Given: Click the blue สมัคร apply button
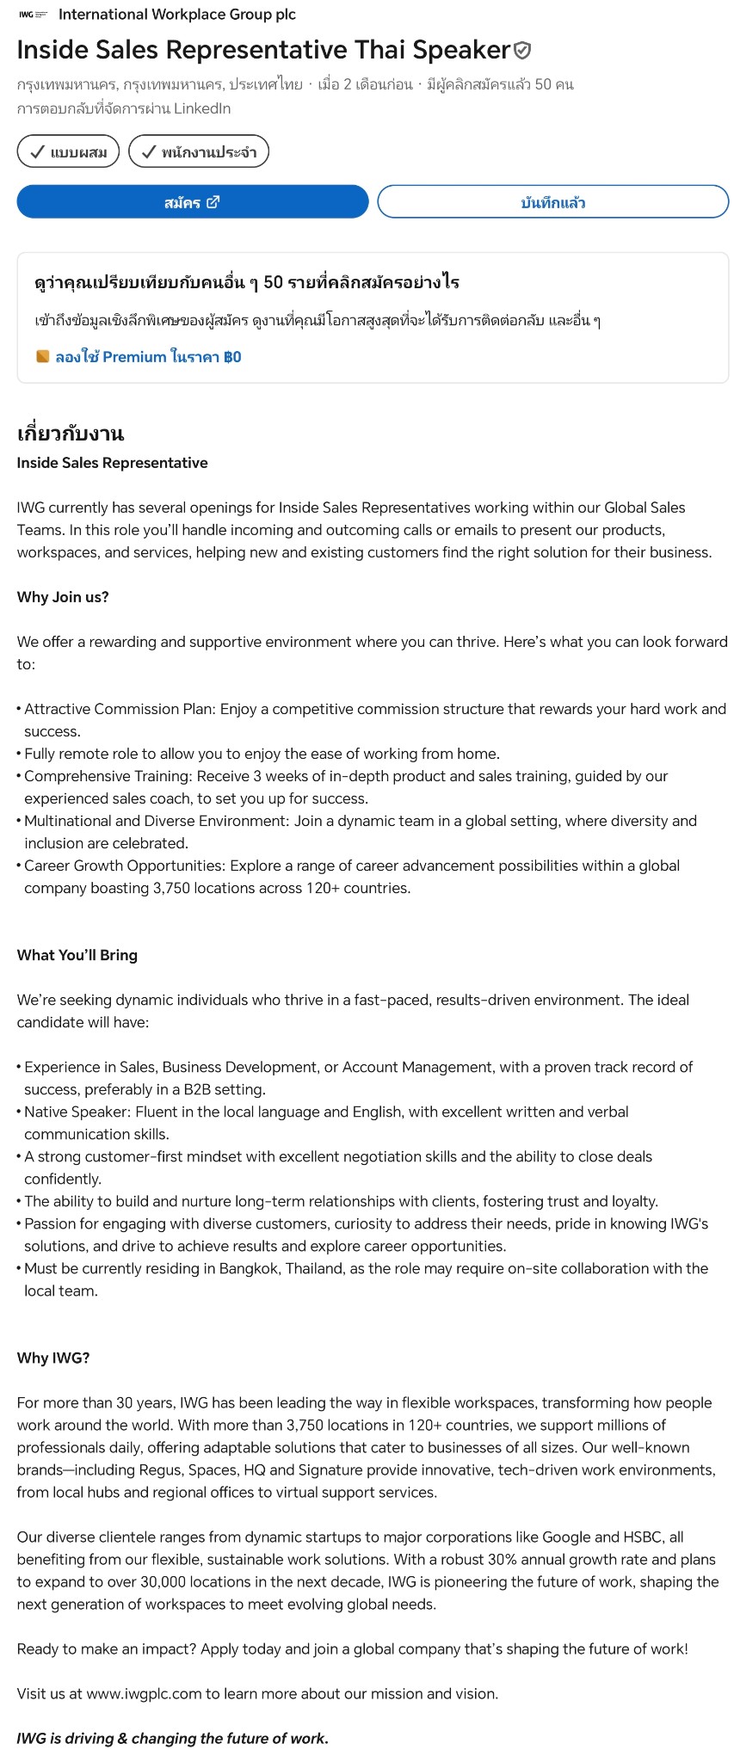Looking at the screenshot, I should click(x=192, y=202).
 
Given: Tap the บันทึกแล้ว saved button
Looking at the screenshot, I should click(x=552, y=202).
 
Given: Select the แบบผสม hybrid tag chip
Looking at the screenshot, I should click(x=68, y=152).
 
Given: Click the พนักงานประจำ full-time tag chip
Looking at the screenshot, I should click(x=199, y=152).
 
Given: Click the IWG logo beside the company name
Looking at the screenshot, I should click(x=33, y=15).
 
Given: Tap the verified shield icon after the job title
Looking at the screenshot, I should click(x=522, y=51).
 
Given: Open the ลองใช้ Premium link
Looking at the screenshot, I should click(x=148, y=357).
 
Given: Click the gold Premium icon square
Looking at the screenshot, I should click(x=42, y=356).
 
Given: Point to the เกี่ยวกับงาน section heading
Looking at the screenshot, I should click(x=71, y=433).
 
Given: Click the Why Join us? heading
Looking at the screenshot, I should click(x=63, y=597).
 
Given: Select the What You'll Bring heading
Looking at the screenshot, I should click(x=77, y=955).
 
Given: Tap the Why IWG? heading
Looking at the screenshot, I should click(x=53, y=1358).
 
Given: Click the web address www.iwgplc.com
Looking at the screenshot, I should click(x=144, y=1693).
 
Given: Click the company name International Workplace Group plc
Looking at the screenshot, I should click(x=177, y=15).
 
